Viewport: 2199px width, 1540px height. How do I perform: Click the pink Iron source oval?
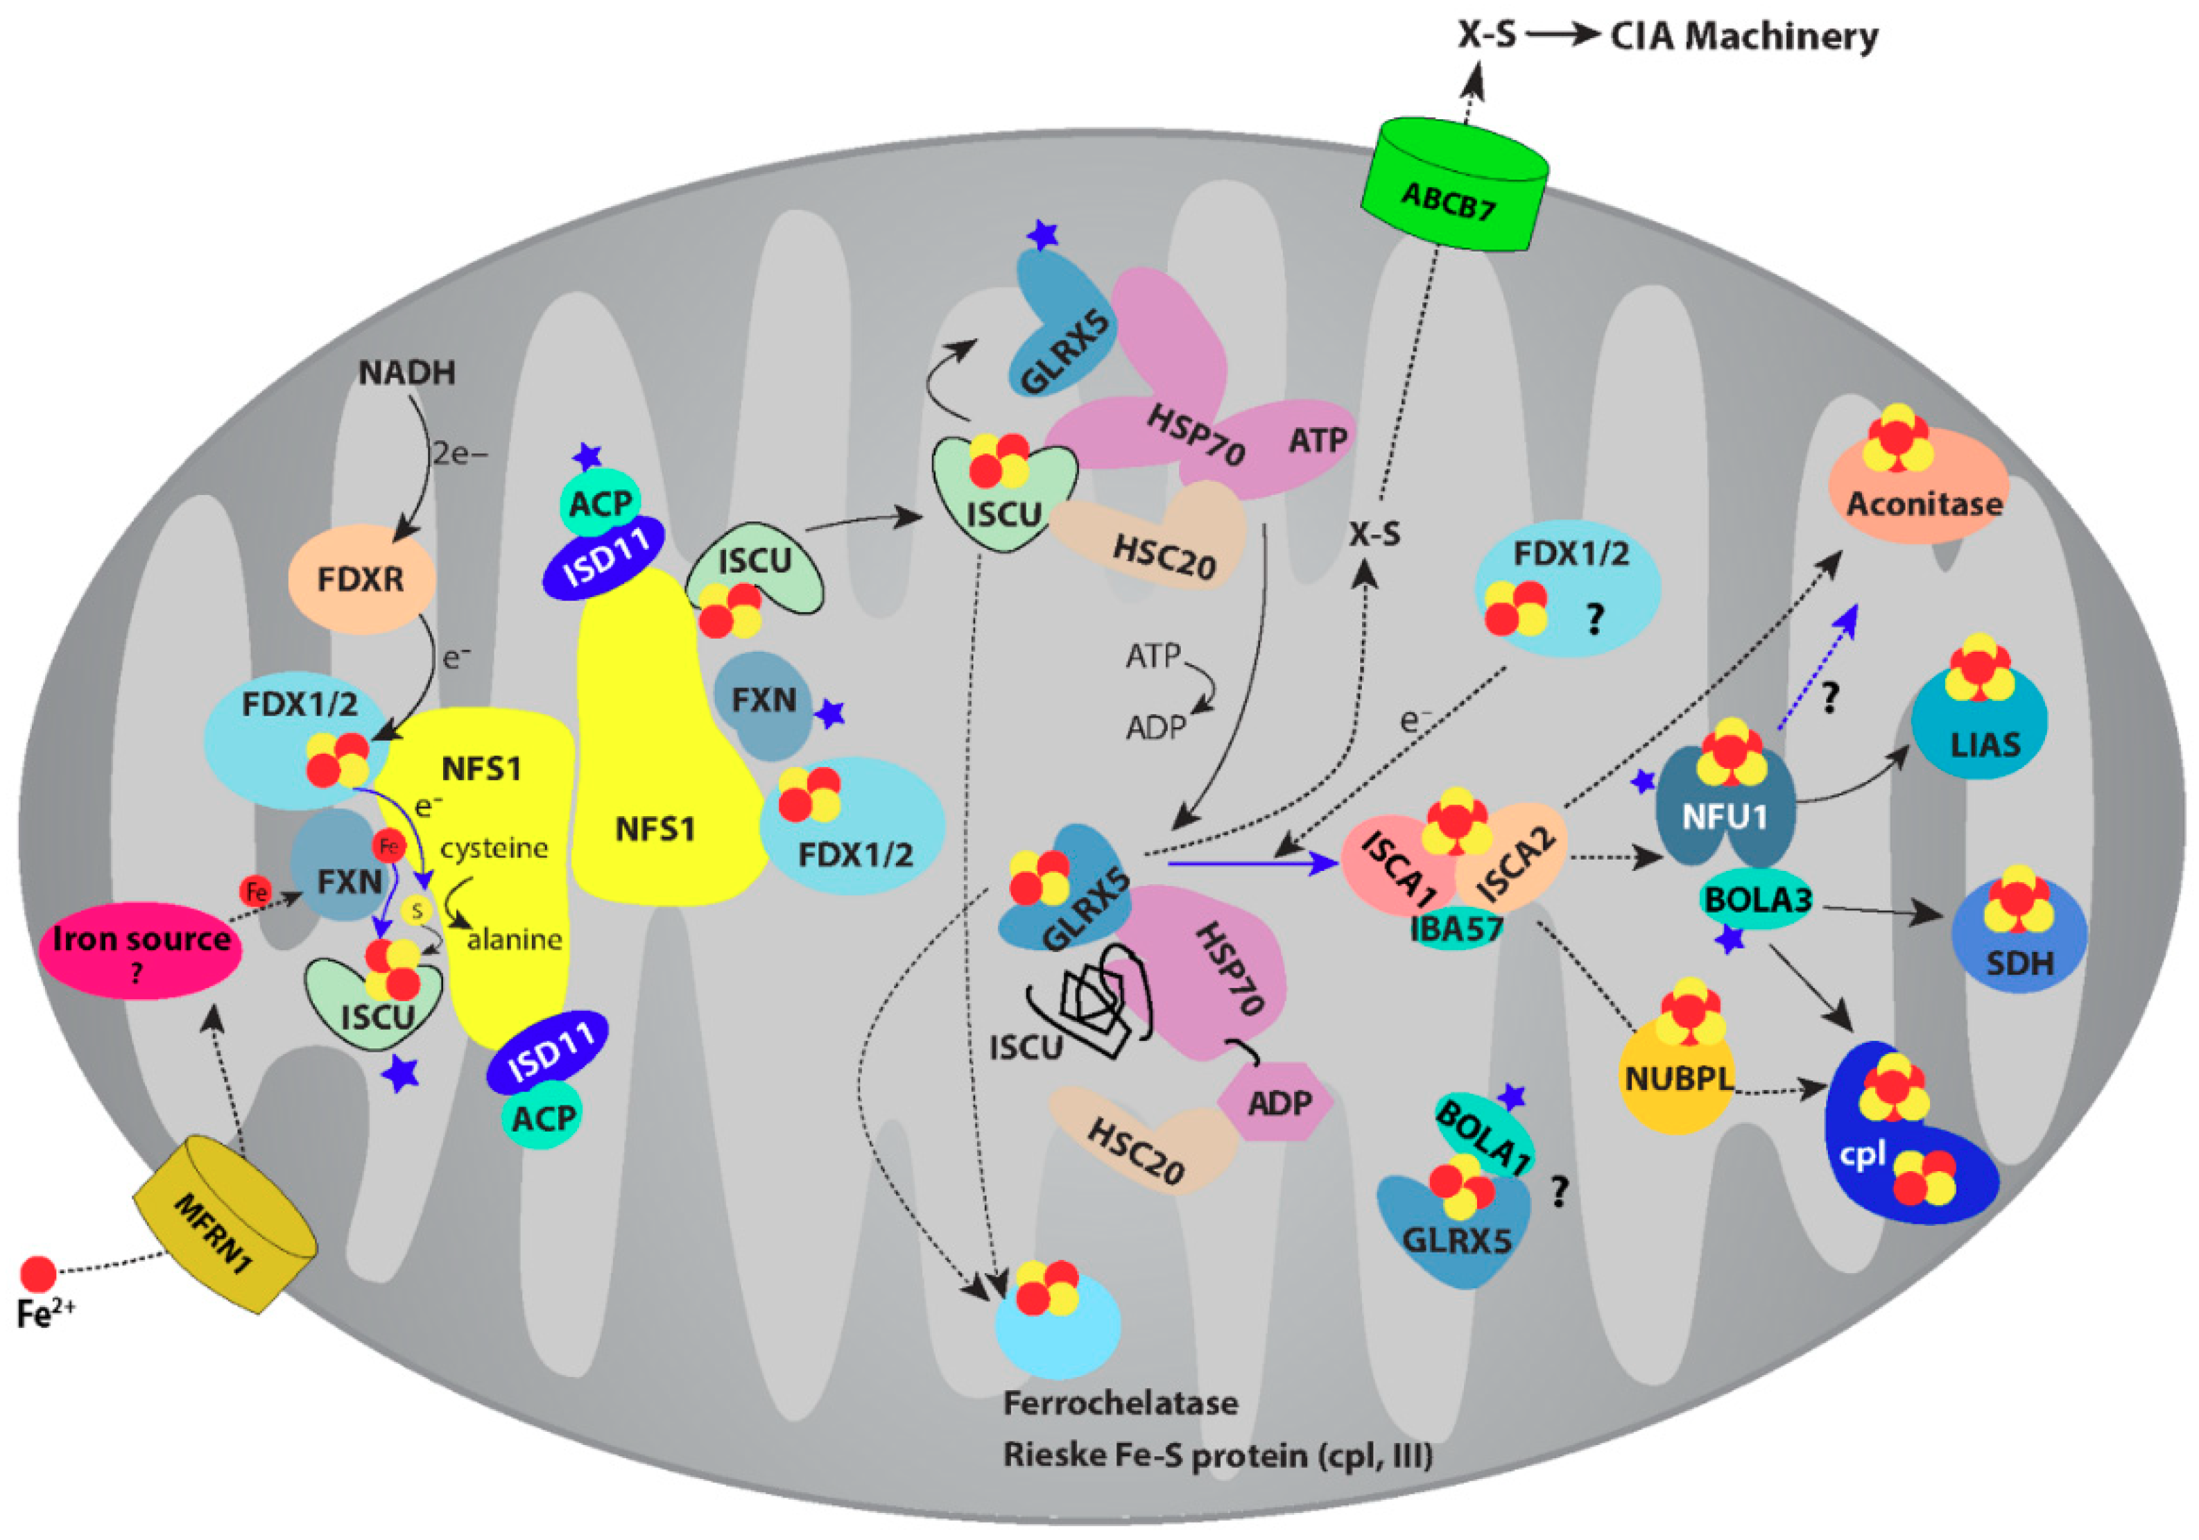(140, 949)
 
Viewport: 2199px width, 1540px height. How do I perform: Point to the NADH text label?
(407, 372)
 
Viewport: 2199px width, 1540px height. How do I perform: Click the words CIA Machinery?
(1744, 36)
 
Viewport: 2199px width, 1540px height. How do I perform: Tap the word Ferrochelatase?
(1121, 1403)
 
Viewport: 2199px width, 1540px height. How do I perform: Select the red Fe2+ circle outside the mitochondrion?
(38, 1274)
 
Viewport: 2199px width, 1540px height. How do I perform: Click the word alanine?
(515, 940)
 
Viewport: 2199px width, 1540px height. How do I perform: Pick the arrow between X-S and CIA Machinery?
(1563, 36)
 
